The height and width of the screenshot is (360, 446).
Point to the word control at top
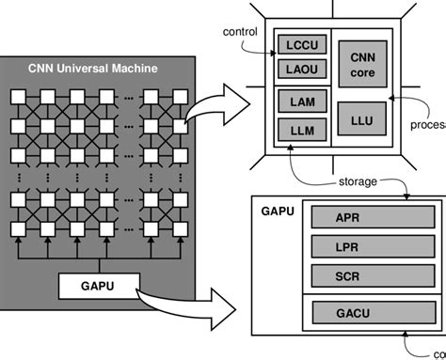239,31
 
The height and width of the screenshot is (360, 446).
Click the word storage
358,180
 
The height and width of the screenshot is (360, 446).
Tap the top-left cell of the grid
18,97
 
